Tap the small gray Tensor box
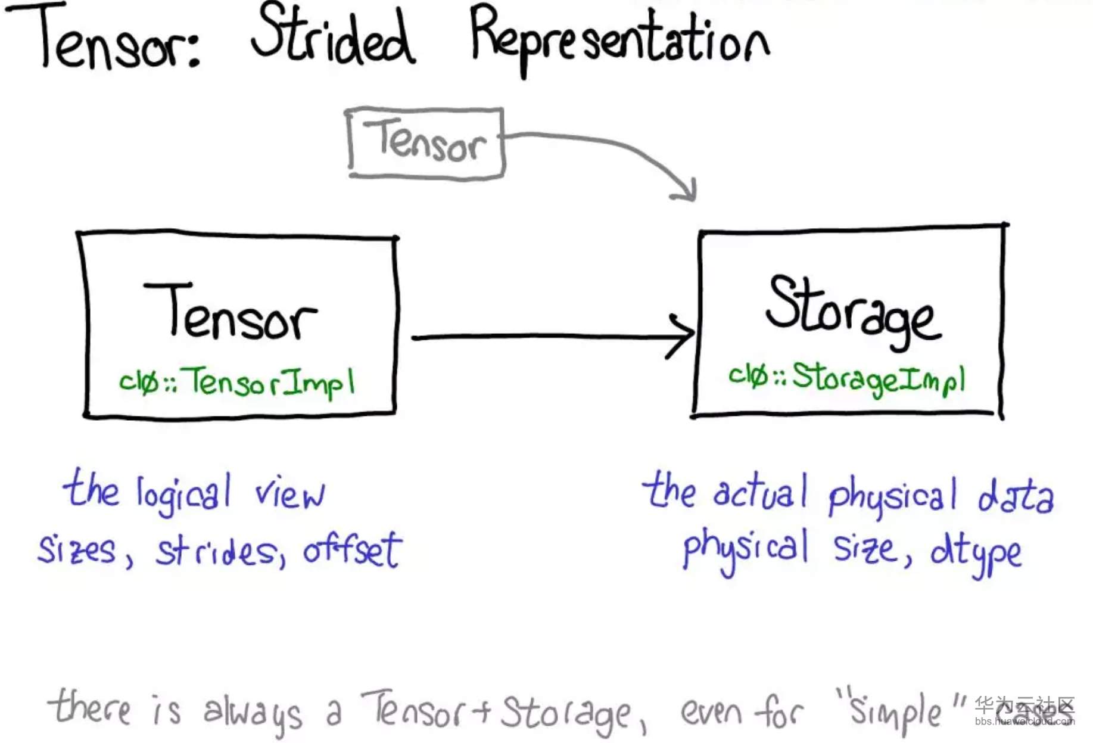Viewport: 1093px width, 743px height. point(425,142)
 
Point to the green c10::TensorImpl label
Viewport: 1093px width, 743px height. point(237,382)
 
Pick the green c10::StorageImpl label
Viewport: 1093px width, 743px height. point(846,379)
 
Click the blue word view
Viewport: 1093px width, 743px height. point(290,494)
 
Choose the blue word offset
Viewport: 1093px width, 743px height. point(353,549)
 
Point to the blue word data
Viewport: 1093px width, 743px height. point(1016,496)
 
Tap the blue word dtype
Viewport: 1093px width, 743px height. point(976,552)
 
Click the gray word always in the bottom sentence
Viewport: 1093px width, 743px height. point(253,713)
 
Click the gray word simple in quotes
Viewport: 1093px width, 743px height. point(895,713)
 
